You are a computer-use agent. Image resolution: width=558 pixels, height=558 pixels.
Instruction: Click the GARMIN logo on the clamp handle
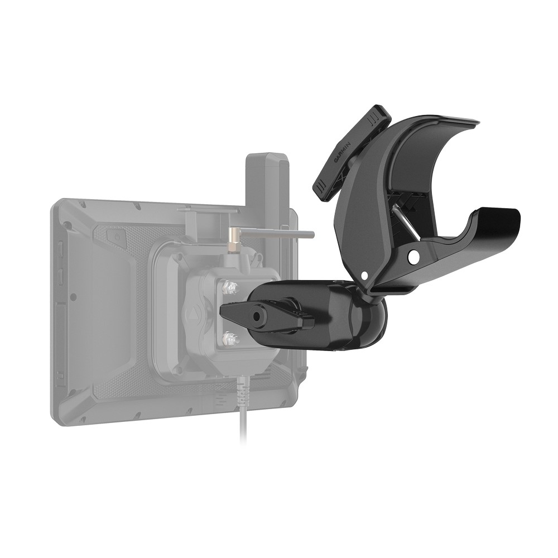(x=342, y=152)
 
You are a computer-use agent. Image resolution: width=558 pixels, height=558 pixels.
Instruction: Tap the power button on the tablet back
(x=118, y=237)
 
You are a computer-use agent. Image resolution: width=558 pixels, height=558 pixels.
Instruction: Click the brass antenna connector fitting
(x=233, y=237)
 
